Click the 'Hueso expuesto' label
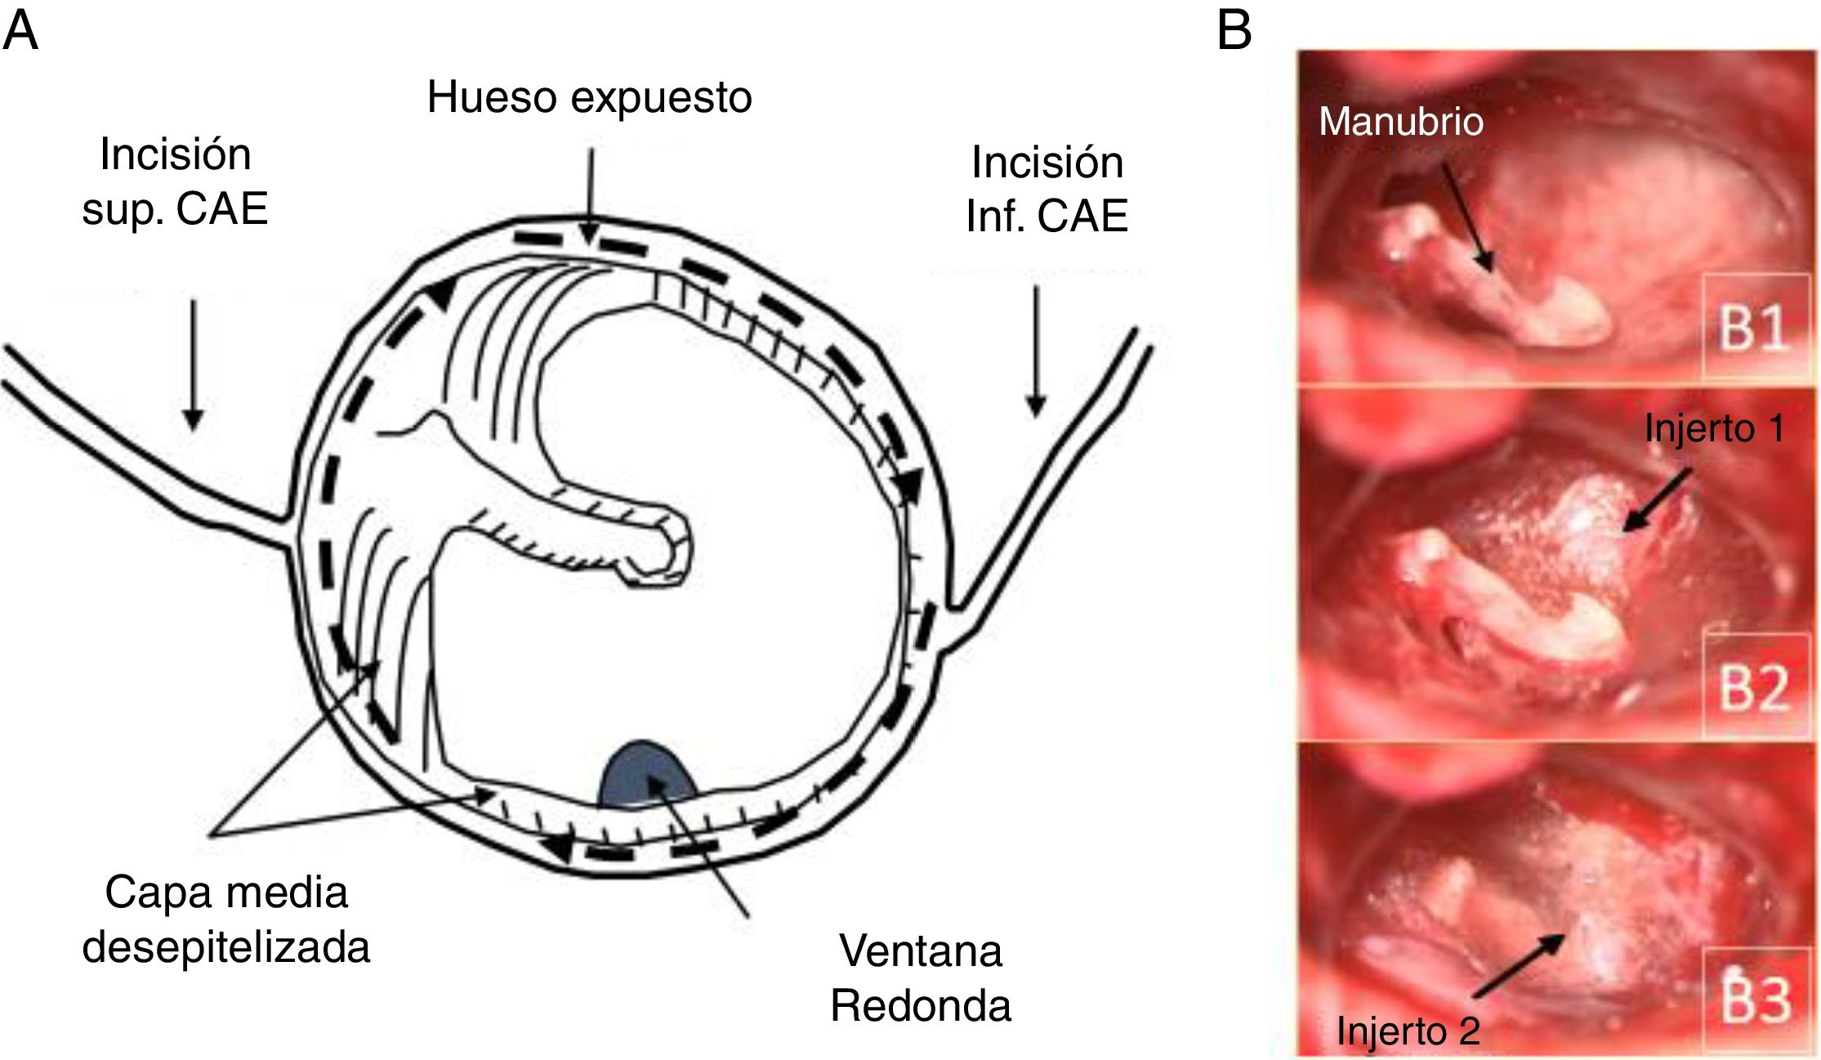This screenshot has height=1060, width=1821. (x=589, y=98)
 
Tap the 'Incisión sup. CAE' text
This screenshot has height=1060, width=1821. (x=175, y=181)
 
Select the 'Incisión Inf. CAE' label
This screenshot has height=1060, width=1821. (x=1047, y=190)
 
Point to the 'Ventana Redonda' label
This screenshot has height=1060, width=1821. (x=921, y=978)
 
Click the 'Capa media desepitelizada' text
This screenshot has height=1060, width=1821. (x=226, y=919)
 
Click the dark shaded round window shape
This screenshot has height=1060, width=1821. (x=645, y=775)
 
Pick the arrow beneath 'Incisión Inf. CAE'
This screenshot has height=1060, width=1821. (x=1036, y=351)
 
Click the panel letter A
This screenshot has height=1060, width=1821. (x=20, y=31)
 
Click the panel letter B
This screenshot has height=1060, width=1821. (x=1234, y=31)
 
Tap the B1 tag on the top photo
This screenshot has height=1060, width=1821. (x=1753, y=329)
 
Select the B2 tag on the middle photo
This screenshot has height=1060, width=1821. (x=1753, y=688)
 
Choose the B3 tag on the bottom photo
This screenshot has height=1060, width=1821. (x=1755, y=999)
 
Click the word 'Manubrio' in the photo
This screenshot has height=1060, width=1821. (x=1401, y=122)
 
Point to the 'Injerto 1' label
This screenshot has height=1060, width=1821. (x=1714, y=428)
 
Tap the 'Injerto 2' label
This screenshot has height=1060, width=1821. (x=1408, y=1031)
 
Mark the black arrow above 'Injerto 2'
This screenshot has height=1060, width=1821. (x=1520, y=966)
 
